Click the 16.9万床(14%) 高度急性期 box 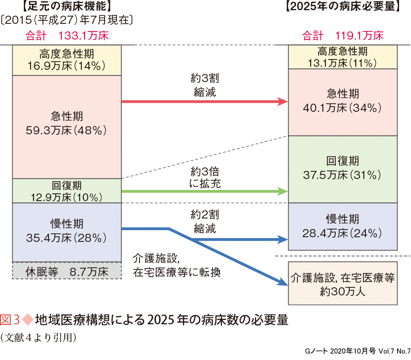[67, 60]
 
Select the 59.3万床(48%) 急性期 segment [67, 126]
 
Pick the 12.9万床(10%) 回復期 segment [67, 191]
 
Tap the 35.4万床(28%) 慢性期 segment [67, 232]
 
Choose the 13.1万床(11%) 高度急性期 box [343, 57]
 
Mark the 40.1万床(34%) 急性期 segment [343, 102]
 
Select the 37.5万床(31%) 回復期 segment [343, 169]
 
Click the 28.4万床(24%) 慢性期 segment [343, 226]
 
